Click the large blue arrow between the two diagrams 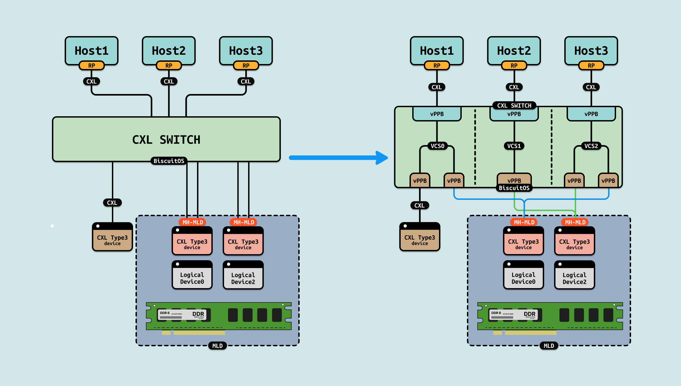(338, 158)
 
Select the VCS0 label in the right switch (437, 146)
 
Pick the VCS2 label (591, 146)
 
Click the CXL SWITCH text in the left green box (166, 140)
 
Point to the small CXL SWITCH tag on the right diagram (514, 106)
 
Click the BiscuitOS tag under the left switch (169, 161)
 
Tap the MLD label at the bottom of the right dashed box (549, 346)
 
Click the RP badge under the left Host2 (169, 65)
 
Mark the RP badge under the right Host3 (591, 65)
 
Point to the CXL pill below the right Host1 (437, 87)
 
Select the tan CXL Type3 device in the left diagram (112, 237)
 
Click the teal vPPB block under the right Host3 (591, 114)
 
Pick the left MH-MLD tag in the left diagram (193, 222)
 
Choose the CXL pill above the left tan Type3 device (112, 203)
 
